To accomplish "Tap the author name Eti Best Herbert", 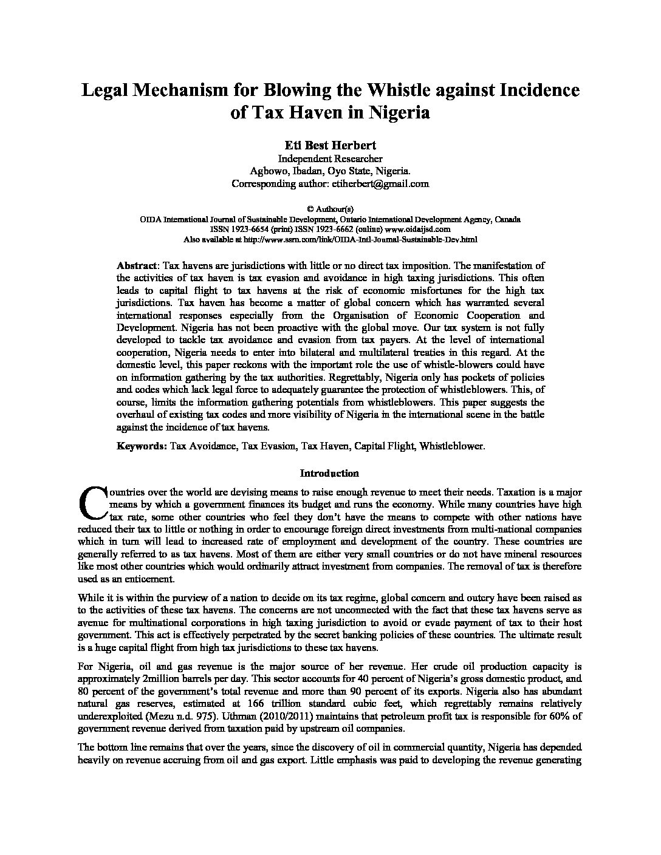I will pos(330,145).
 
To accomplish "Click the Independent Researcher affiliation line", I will pos(330,158).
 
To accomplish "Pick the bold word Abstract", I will pos(137,265).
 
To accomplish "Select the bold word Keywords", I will pos(141,446).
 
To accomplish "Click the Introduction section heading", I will pos(330,473).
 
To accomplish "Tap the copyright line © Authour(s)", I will pos(330,208).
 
